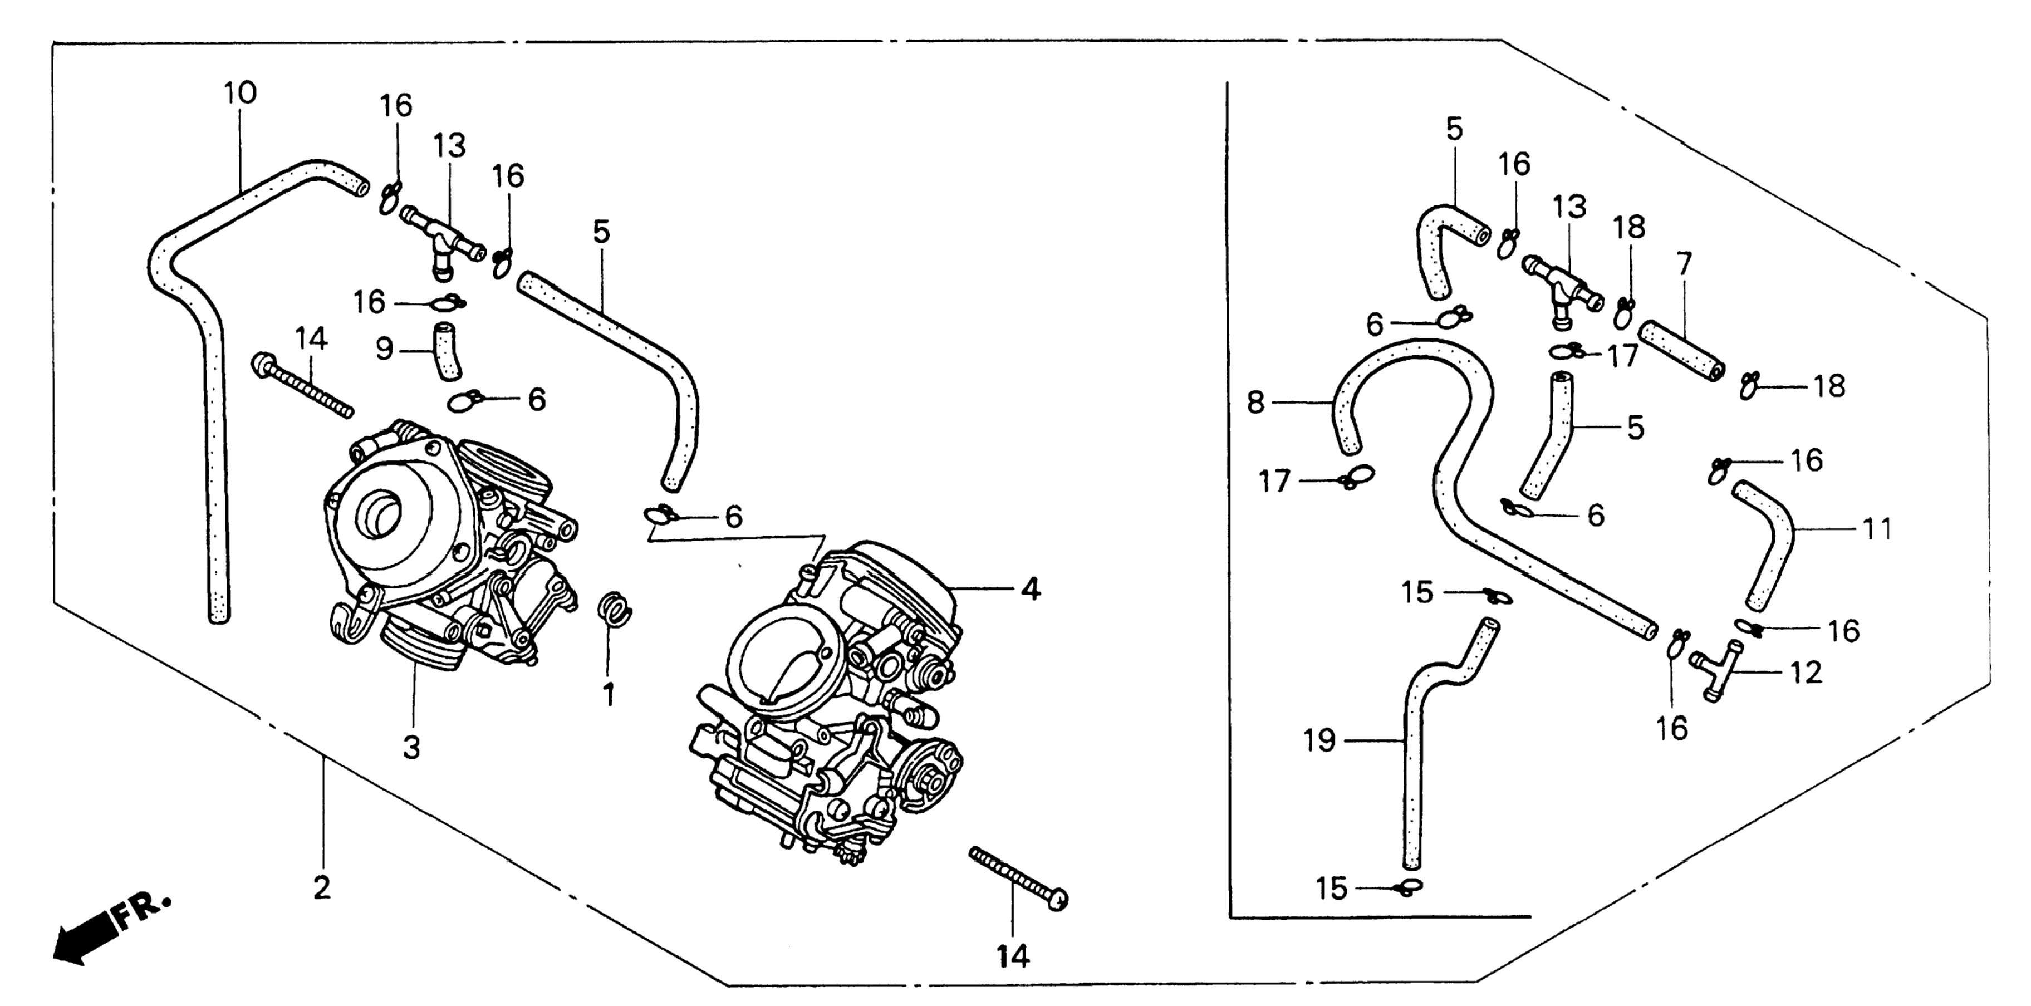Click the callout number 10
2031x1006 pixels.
tap(241, 94)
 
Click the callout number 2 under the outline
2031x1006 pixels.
tap(322, 889)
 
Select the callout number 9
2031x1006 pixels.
tap(384, 349)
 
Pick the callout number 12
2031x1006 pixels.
tap(1806, 673)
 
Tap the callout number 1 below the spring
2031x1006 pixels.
tap(608, 695)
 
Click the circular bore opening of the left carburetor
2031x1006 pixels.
tap(381, 511)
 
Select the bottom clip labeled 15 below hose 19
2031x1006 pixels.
tap(1409, 888)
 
